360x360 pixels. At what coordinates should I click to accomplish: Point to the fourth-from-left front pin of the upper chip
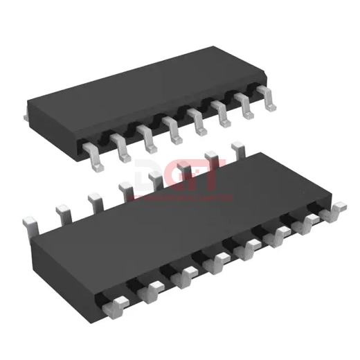pos(171,127)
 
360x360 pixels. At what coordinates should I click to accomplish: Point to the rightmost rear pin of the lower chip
pos(238,147)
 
